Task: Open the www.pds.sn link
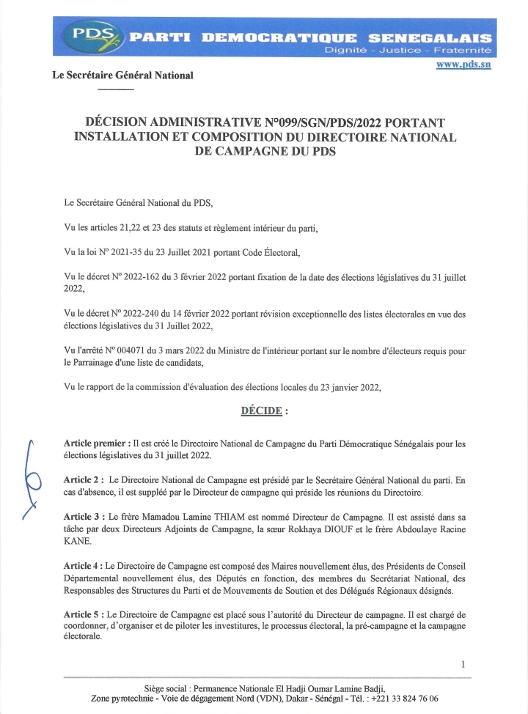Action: [x=463, y=65]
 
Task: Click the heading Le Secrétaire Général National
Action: [x=122, y=76]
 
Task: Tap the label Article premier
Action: [x=96, y=444]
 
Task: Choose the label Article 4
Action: [x=84, y=566]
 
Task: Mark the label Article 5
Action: [x=84, y=616]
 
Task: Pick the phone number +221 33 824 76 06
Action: [x=405, y=699]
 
